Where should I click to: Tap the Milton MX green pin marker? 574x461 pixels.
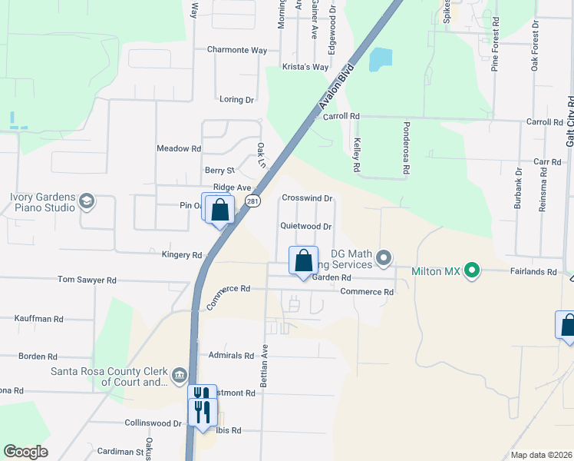point(473,270)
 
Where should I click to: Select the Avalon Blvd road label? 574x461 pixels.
point(338,88)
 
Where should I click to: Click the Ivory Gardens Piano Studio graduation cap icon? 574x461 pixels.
point(87,202)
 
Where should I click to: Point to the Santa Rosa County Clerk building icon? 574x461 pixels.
point(180,376)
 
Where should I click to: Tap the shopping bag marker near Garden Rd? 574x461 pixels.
point(303,260)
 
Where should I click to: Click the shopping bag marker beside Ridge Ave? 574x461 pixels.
point(219,210)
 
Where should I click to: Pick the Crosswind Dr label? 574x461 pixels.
point(306,198)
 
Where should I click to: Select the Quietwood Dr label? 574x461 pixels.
point(305,227)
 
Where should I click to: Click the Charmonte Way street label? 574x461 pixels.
point(237,50)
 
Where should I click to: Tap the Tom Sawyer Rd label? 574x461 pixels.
point(87,280)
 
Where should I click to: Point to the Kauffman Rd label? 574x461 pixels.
point(39,318)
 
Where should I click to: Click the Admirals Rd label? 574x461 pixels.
point(231,356)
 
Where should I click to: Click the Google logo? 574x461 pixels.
point(26,452)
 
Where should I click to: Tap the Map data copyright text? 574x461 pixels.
point(540,455)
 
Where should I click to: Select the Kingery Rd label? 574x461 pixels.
point(182,254)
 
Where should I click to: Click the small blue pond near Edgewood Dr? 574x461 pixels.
point(380,60)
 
